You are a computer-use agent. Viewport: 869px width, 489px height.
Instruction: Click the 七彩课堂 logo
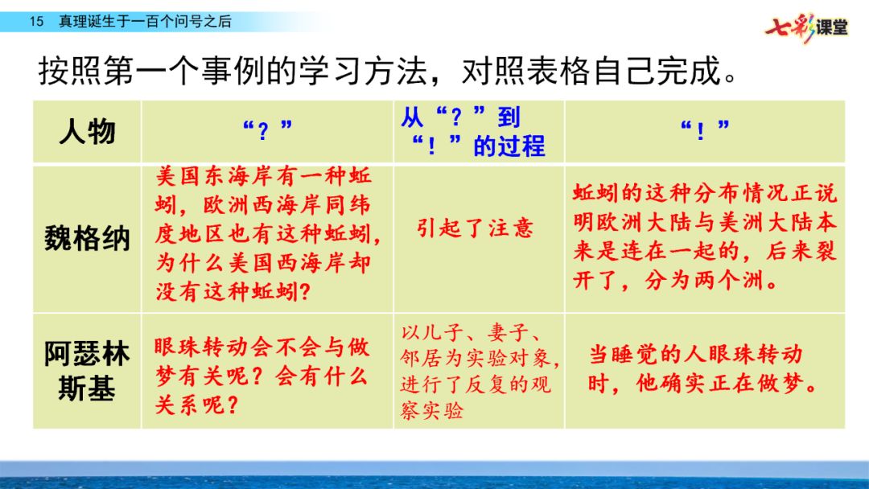click(806, 27)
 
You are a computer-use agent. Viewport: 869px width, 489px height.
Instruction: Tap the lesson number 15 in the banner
click(36, 22)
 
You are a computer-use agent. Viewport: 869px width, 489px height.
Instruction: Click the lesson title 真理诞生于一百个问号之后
click(145, 22)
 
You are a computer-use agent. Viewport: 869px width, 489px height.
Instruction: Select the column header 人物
click(87, 132)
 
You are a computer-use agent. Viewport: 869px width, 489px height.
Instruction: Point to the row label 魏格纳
click(87, 239)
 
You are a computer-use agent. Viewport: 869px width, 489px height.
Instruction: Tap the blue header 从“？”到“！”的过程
click(473, 132)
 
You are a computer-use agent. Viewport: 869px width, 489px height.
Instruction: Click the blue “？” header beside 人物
click(268, 131)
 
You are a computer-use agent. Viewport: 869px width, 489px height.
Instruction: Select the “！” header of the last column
click(705, 131)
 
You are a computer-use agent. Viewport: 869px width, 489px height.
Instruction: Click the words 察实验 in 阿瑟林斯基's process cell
click(432, 410)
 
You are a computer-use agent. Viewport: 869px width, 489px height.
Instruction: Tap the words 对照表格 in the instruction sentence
click(525, 71)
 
